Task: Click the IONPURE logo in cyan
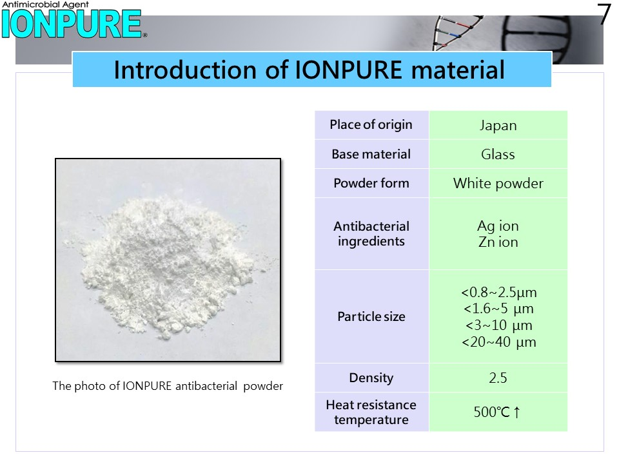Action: [x=72, y=24]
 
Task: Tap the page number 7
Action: [x=604, y=14]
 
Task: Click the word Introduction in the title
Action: [x=186, y=70]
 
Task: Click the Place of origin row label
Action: [x=371, y=124]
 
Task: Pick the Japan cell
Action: [x=498, y=126]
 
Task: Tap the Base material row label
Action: [x=371, y=154]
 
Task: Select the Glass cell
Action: [x=498, y=154]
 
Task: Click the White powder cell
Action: [x=498, y=184]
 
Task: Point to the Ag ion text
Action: [x=498, y=226]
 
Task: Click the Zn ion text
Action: [x=498, y=242]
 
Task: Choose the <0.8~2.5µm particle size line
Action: [x=499, y=293]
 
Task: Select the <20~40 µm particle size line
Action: [x=499, y=342]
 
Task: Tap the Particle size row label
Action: [x=371, y=316]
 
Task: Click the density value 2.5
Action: [x=498, y=378]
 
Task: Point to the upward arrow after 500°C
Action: [x=516, y=412]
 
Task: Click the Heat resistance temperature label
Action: [x=371, y=412]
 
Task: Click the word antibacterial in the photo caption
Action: [x=206, y=386]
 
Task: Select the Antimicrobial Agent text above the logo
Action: [x=46, y=5]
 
